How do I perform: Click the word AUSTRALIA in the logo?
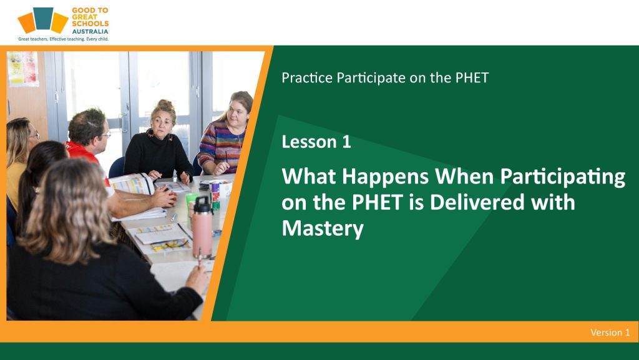(x=90, y=31)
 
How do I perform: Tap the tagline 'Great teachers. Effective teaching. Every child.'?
(x=63, y=39)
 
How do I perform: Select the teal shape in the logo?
(x=43, y=18)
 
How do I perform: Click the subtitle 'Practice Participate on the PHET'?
(x=384, y=78)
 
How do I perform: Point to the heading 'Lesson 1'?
(x=316, y=142)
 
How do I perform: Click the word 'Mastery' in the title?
(x=323, y=228)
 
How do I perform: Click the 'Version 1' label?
(x=610, y=333)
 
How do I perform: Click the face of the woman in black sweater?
(x=162, y=124)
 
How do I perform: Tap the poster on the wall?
(x=23, y=69)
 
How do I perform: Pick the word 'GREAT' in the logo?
(x=84, y=17)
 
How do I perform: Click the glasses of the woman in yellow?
(x=35, y=135)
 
